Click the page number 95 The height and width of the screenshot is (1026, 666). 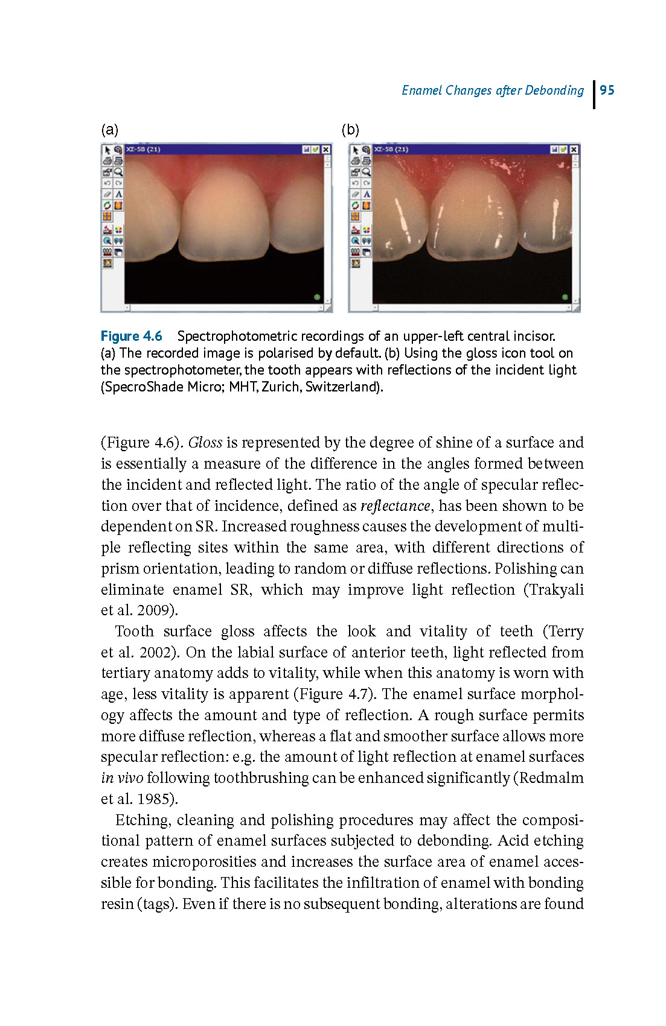(x=607, y=90)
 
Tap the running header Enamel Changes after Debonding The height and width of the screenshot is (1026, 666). (x=493, y=90)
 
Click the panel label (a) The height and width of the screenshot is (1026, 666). (x=109, y=130)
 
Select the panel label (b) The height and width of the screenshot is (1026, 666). (x=350, y=130)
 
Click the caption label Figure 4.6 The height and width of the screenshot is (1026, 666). (x=131, y=336)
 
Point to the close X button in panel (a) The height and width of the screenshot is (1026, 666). (x=326, y=149)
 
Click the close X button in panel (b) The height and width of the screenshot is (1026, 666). (x=574, y=149)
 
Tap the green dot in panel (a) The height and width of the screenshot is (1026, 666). (x=317, y=297)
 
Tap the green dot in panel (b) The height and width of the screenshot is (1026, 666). (x=565, y=297)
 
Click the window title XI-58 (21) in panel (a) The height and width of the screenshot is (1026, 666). (x=143, y=149)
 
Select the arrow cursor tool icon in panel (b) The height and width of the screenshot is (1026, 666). (x=356, y=150)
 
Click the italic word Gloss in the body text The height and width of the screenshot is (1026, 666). (x=205, y=443)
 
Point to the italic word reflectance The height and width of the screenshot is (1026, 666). (x=395, y=505)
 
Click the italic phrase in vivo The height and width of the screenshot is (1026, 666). (x=122, y=778)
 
